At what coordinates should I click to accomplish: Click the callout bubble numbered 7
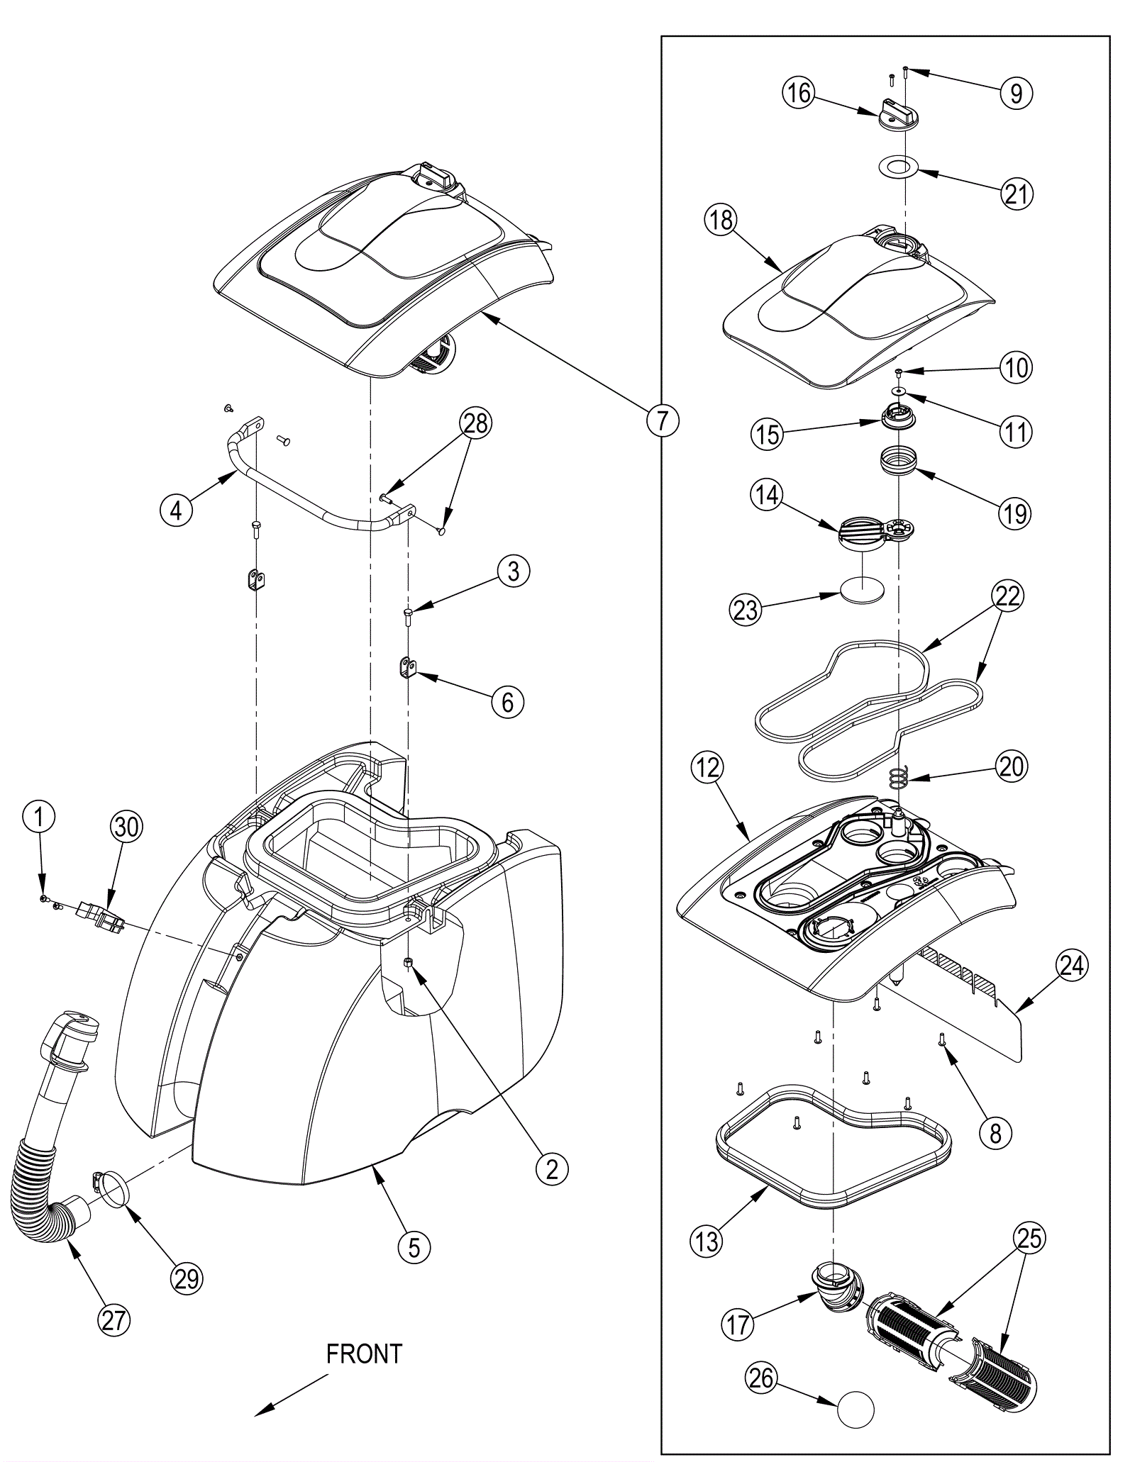663,421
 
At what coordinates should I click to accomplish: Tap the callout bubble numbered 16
799,93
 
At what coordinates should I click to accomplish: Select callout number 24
1071,965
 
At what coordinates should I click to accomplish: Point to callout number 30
127,827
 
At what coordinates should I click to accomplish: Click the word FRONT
364,1354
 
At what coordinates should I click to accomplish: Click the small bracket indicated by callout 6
406,669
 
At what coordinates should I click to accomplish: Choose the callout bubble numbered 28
476,423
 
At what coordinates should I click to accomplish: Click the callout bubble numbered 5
414,1246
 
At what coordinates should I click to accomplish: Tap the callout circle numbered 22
1007,596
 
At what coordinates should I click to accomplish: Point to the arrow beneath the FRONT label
291,1397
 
